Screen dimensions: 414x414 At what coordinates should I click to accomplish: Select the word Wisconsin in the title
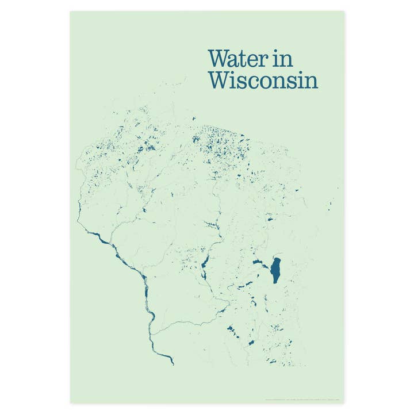click(x=263, y=79)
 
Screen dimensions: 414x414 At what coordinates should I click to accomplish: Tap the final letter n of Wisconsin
click(x=310, y=82)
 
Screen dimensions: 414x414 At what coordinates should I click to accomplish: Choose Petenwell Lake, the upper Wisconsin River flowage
click(x=204, y=266)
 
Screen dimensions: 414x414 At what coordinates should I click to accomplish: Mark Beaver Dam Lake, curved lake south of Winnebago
click(x=251, y=303)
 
